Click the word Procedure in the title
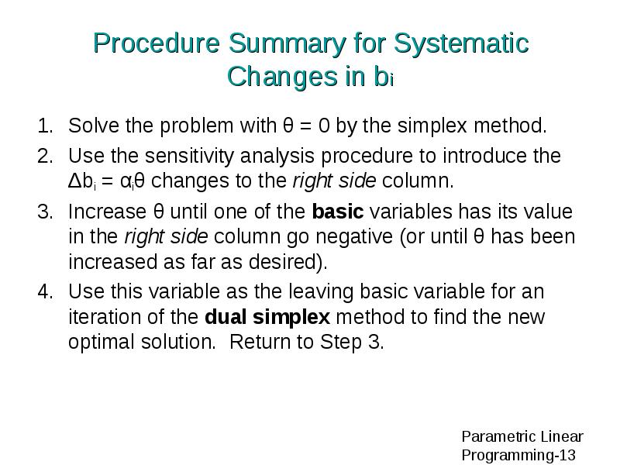click(157, 43)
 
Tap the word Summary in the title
click(287, 44)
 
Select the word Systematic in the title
click(461, 43)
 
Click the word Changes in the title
click(282, 76)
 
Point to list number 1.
click(45, 126)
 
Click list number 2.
click(45, 156)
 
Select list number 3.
click(45, 212)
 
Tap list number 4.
click(45, 291)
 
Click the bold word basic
click(338, 211)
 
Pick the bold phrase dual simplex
click(267, 317)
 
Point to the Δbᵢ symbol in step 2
click(82, 181)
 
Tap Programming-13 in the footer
click(518, 455)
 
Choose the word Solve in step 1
click(94, 126)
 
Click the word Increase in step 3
click(107, 212)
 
